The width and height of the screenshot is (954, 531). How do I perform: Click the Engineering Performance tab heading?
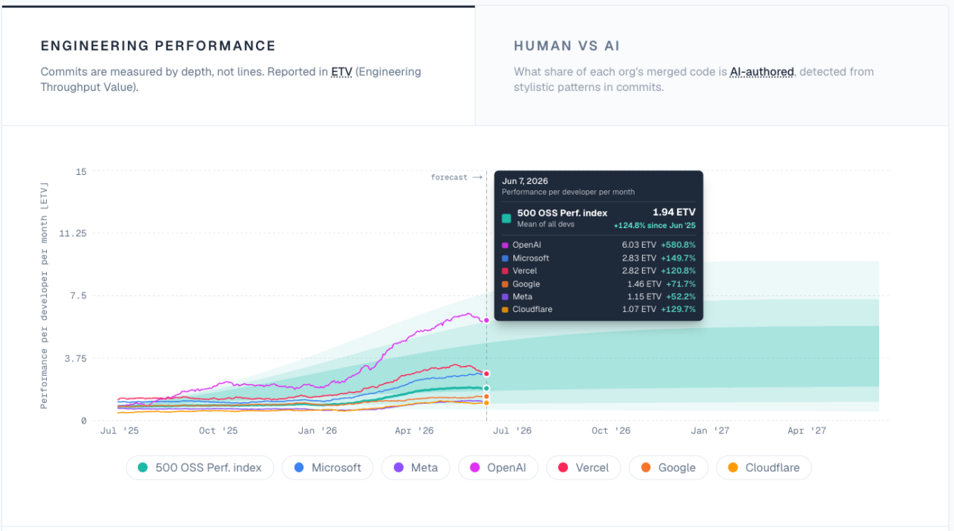tap(158, 45)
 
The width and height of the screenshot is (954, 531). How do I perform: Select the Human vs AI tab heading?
tap(566, 45)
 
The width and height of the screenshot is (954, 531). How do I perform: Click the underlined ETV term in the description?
tap(341, 72)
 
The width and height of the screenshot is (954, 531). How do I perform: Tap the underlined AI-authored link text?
tap(762, 72)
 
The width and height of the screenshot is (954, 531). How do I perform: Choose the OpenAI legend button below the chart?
tap(498, 467)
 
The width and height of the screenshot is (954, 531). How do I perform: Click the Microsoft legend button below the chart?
tap(328, 467)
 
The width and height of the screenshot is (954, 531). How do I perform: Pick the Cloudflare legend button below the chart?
tap(764, 467)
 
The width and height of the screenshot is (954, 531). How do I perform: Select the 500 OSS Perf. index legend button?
tap(200, 467)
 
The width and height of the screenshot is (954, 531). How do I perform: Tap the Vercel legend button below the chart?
tap(583, 467)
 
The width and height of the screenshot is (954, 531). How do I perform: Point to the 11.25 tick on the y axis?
tap(73, 233)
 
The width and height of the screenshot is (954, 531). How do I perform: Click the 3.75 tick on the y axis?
tap(76, 358)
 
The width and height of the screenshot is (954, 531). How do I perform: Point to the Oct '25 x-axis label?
tap(218, 431)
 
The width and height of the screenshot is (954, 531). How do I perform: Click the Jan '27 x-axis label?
tap(709, 431)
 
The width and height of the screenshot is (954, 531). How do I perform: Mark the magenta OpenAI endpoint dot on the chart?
tap(486, 320)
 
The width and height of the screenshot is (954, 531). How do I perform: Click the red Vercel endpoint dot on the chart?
tap(486, 373)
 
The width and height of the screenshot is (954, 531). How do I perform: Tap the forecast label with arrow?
tap(456, 177)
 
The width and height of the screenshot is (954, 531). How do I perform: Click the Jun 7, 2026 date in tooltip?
tap(525, 181)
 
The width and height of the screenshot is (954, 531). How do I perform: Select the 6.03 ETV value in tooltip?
tap(639, 245)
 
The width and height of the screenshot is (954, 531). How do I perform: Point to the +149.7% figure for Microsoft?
tap(678, 258)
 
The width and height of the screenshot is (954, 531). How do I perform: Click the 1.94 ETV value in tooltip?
tap(674, 212)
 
